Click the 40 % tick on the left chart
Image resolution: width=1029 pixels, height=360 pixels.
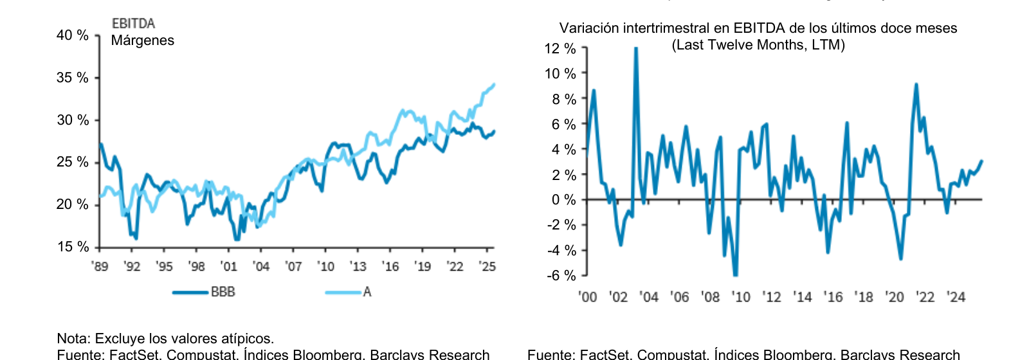coord(73,35)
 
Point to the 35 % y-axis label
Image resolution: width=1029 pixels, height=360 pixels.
coord(73,78)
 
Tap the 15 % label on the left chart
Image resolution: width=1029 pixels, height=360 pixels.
coord(73,247)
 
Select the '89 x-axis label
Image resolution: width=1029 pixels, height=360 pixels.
coord(100,266)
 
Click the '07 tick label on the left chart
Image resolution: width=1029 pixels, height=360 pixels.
coord(293,266)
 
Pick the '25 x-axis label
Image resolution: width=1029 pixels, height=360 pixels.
coord(487,266)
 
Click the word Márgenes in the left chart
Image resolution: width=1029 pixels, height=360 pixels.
coord(142,40)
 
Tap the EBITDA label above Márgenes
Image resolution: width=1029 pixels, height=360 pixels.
coord(133,24)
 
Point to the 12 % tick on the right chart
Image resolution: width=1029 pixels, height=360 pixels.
coord(560,49)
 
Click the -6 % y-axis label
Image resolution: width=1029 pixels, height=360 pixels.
coord(561,276)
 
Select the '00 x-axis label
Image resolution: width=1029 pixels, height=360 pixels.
coord(587,297)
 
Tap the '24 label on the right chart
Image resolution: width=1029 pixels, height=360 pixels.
coord(956,297)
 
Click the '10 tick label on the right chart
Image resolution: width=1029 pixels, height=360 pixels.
coord(741,297)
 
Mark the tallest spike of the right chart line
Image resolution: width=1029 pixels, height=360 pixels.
coord(635,49)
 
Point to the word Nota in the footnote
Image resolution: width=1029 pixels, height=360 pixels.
coord(73,339)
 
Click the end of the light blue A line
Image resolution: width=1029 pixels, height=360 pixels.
coord(494,84)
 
